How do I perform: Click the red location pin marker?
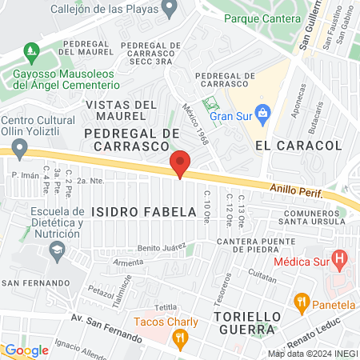pyautogui.click(x=180, y=164)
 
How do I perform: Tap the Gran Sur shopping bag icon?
pyautogui.click(x=261, y=110)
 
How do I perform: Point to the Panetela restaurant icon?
pyautogui.click(x=302, y=302)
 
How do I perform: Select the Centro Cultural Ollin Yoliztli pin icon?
pyautogui.click(x=20, y=147)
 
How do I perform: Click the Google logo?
pyautogui.click(x=26, y=350)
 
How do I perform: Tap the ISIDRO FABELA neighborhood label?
pyautogui.click(x=143, y=212)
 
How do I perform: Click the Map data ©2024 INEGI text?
pyautogui.click(x=311, y=353)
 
